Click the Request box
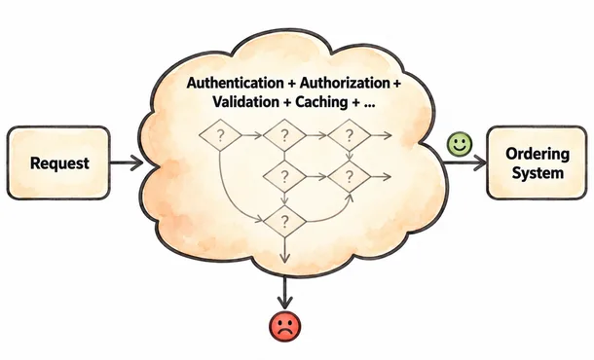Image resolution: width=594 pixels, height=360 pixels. coord(58,162)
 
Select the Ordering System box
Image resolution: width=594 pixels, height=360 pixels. coord(537,162)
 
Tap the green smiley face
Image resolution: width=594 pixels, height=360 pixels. coord(460,144)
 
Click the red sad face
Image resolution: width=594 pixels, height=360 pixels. coord(285,326)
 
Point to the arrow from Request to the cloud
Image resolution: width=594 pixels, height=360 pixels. coord(127,162)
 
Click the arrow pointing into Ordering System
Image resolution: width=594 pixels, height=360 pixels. coord(464,162)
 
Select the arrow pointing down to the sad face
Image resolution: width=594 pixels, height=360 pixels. coord(285,292)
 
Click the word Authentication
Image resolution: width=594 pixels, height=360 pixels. coord(235,83)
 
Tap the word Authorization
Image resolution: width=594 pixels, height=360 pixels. coord(345,83)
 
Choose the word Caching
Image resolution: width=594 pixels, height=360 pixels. coord(321,102)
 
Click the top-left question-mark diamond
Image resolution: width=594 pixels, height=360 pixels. coord(220,135)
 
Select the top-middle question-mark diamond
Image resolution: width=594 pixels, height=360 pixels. coord(284,135)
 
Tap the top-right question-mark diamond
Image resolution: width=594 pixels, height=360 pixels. coord(349,135)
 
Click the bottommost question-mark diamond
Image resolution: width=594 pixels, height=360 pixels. coord(284,222)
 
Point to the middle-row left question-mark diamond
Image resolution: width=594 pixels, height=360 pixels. coord(284,176)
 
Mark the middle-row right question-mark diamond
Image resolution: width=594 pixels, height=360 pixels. coord(349,176)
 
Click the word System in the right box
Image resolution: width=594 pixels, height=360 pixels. coord(538,173)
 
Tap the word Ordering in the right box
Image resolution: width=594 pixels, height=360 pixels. coord(538,154)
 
